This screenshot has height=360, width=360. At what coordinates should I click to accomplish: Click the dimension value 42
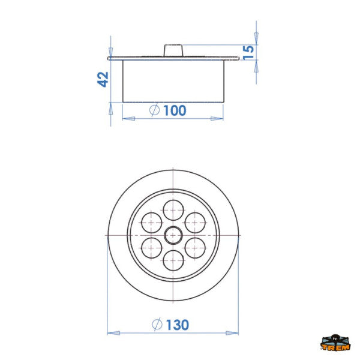click(103, 79)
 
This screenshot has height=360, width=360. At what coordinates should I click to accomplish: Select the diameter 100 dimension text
click(173, 110)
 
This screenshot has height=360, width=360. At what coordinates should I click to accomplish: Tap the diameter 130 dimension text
click(177, 325)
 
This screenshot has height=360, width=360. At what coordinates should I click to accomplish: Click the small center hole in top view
click(173, 235)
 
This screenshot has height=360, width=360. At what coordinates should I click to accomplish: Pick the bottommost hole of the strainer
click(173, 259)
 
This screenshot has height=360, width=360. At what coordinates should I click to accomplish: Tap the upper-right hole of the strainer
click(194, 223)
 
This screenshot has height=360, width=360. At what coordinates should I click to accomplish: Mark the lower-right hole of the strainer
click(194, 247)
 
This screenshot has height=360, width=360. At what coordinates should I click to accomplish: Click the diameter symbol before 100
click(154, 110)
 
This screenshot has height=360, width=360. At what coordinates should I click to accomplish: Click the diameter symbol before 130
click(157, 325)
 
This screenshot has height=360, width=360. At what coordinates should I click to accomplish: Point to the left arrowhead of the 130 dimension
click(110, 332)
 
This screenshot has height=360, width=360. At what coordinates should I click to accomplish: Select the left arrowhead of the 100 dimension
click(126, 118)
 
